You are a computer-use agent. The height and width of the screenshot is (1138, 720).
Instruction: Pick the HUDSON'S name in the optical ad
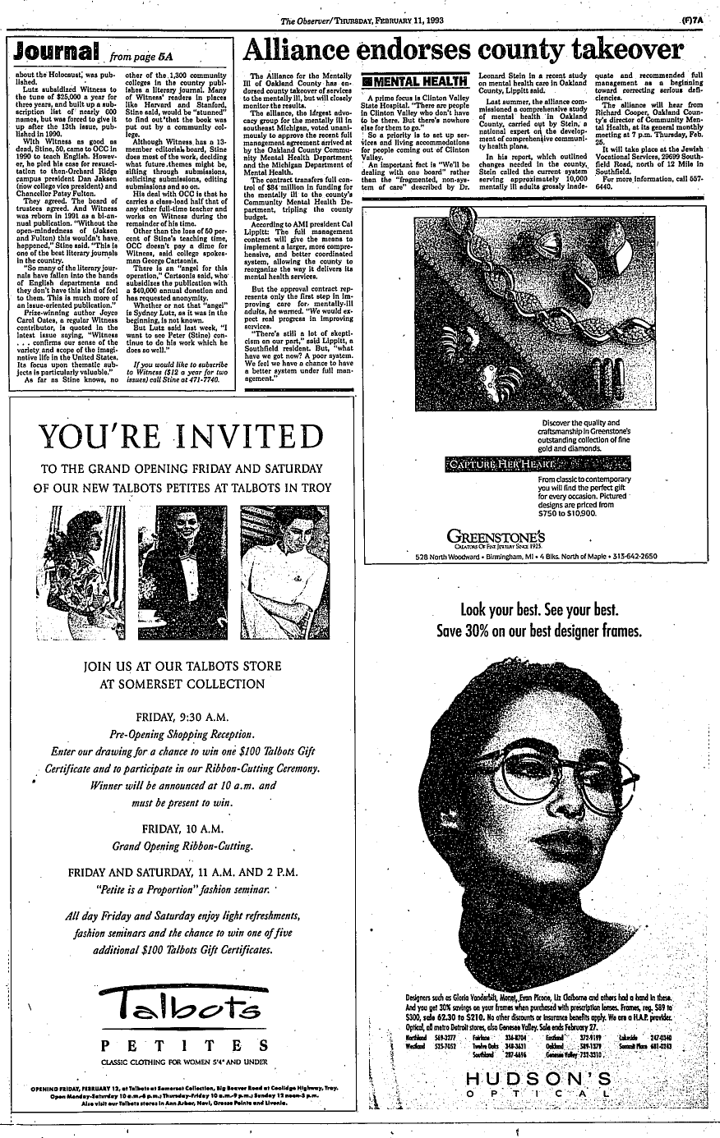click(538, 1079)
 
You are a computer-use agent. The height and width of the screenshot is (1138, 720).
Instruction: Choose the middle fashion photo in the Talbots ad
click(183, 567)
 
